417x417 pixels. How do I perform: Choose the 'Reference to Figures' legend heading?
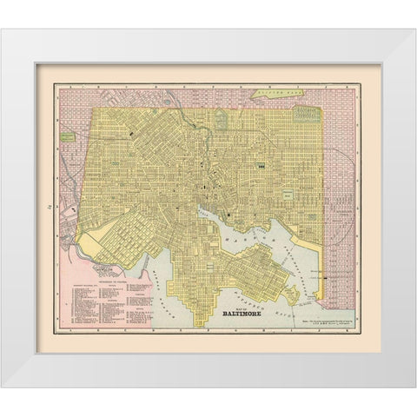click(116, 260)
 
